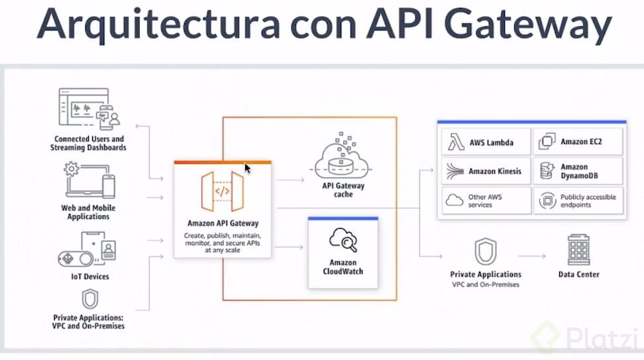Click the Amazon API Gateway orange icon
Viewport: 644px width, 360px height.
223,191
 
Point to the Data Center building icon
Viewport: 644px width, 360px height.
578,250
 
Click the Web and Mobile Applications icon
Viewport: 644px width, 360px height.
89,182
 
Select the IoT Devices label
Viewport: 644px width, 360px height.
89,276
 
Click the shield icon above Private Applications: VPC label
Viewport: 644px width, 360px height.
89,299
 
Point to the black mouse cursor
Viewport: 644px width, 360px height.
247,168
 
